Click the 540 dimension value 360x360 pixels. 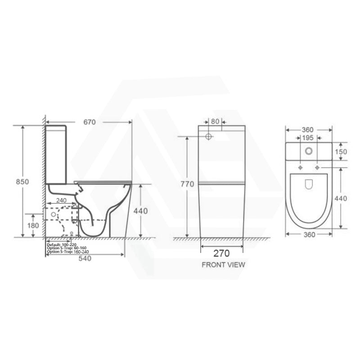tap(85, 259)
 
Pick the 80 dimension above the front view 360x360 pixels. tap(215, 121)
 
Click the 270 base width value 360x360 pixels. tap(222, 252)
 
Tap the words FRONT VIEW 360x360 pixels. tap(223, 265)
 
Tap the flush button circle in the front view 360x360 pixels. tap(209, 135)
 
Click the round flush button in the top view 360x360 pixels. tap(309, 151)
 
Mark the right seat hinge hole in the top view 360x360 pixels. tap(318, 167)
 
